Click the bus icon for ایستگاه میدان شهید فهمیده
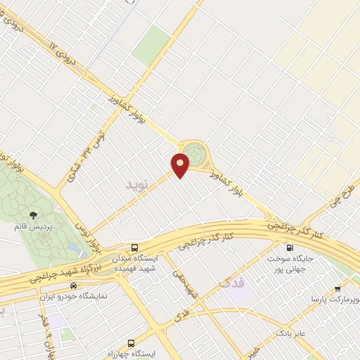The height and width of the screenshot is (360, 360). [134, 247]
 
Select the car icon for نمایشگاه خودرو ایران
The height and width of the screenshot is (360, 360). [73, 286]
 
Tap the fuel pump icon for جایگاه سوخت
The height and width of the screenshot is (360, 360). [288, 247]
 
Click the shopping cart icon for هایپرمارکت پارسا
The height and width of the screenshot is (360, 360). [337, 288]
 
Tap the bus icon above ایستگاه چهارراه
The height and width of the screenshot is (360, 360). [110, 340]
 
